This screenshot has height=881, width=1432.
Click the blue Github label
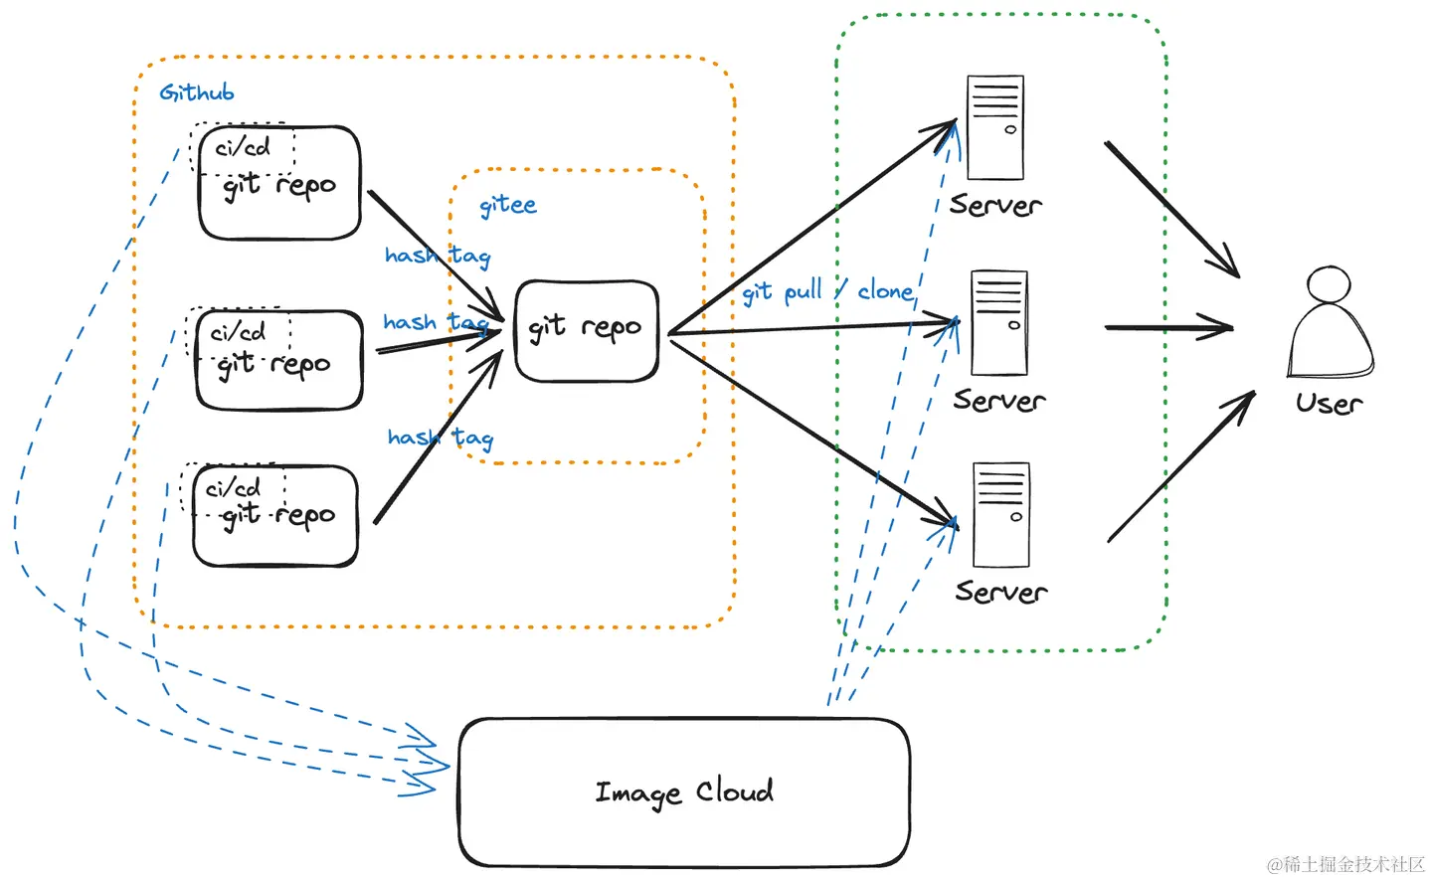click(197, 92)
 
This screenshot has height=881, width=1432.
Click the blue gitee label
click(508, 205)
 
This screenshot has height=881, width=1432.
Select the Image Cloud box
click(684, 793)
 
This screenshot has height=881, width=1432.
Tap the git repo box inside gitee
click(587, 330)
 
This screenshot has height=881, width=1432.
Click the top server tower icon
click(995, 127)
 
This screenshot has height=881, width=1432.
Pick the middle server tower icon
click(999, 323)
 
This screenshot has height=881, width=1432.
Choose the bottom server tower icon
click(1001, 515)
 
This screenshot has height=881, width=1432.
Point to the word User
click(1329, 404)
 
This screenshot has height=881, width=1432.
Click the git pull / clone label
click(827, 292)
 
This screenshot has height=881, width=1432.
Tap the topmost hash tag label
click(438, 256)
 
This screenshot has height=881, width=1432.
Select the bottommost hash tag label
click(441, 438)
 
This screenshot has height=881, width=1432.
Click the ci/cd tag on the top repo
click(243, 148)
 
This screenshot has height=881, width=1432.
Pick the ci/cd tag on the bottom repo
click(233, 489)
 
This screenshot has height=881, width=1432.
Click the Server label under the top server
click(995, 205)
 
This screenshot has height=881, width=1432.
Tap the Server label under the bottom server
click(1001, 592)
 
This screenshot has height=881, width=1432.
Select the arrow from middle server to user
click(1169, 327)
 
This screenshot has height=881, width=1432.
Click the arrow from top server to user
click(1172, 210)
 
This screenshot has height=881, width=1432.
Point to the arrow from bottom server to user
click(1181, 466)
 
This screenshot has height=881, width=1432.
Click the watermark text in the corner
click(1345, 865)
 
